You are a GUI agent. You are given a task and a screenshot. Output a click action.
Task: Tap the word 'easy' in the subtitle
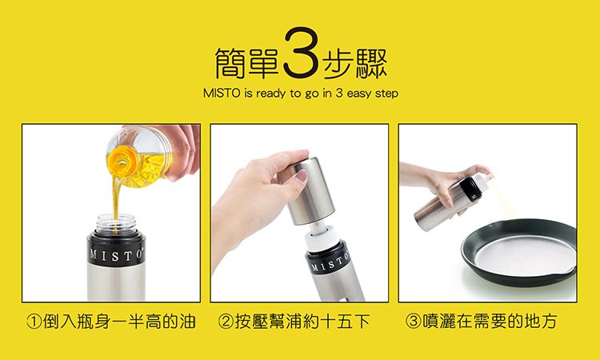coord(354,94)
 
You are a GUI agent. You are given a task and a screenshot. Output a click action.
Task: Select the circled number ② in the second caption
coord(225,322)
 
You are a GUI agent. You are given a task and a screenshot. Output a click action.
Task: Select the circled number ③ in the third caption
coord(413,322)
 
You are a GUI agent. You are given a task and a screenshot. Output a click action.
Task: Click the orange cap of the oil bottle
coord(122,156)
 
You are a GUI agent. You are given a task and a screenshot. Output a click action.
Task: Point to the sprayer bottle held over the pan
coord(448,204)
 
